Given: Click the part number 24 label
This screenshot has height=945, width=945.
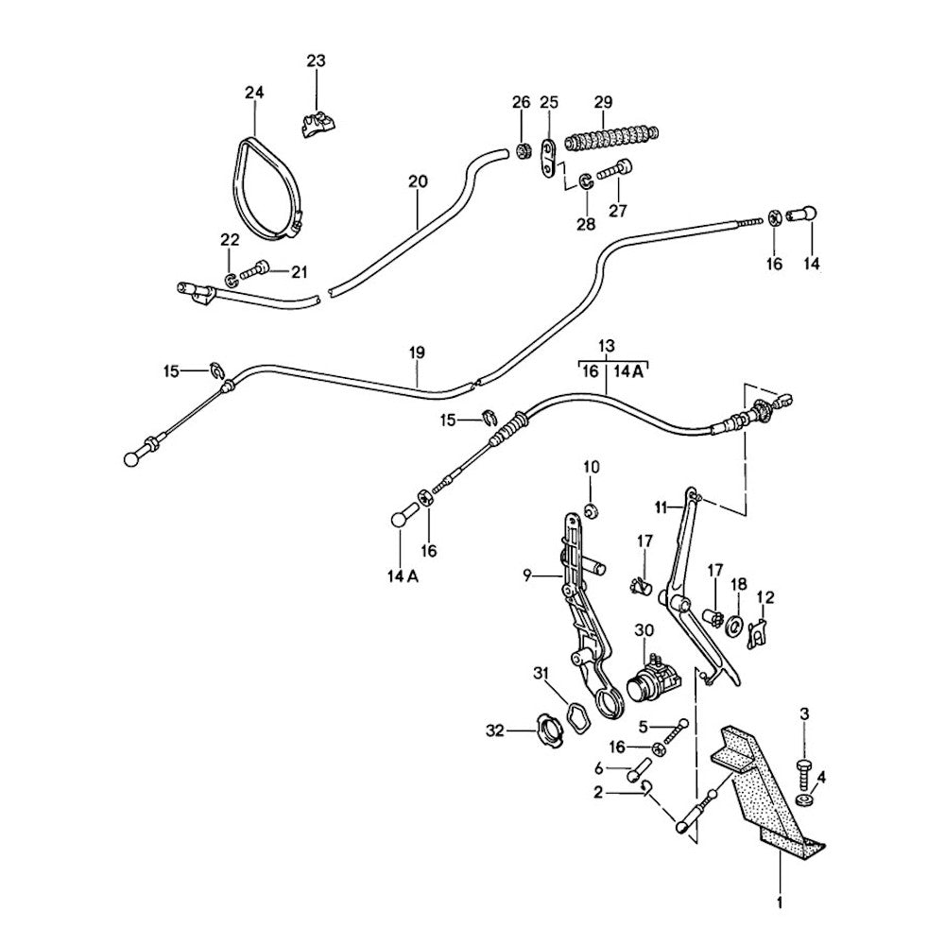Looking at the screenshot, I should coord(254,93).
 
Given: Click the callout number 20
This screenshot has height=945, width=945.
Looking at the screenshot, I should coord(418,180).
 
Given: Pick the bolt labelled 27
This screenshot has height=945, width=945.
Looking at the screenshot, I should coord(615,171).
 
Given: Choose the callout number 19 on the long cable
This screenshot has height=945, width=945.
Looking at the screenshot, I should coord(417,352).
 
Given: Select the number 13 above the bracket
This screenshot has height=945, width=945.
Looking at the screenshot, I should coord(606,345).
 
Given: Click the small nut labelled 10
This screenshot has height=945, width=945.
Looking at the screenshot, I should coord(591,512).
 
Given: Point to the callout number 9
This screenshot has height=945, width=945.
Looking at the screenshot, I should coord(529,575).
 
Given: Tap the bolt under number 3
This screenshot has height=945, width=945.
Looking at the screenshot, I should coord(804,770).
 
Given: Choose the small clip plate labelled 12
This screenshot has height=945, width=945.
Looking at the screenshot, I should coord(757,632).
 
